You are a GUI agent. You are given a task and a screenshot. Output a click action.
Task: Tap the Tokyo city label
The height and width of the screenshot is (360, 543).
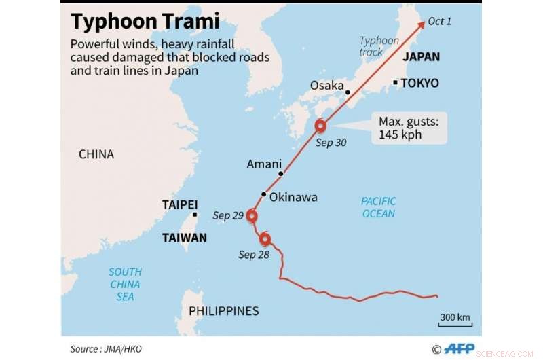[x=419, y=84]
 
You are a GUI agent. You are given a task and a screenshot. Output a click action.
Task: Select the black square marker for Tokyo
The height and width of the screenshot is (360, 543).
[x=395, y=83]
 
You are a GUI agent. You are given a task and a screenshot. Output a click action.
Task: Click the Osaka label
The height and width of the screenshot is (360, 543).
[x=327, y=86]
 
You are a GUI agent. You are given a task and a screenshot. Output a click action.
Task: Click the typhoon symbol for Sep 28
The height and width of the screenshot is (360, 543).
[x=265, y=239]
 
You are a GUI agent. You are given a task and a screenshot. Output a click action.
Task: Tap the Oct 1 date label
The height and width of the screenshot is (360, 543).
[x=440, y=22]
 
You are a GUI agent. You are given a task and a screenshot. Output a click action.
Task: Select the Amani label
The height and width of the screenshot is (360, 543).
[x=264, y=164]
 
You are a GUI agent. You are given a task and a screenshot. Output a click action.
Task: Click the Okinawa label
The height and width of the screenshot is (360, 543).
[x=293, y=197]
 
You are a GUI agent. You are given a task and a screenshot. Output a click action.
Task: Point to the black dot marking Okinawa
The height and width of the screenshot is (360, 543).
[x=264, y=194]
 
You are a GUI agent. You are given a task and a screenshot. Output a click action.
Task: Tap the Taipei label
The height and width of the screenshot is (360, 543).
[x=180, y=204]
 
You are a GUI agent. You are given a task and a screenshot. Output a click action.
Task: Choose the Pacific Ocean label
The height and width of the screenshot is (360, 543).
[x=378, y=207]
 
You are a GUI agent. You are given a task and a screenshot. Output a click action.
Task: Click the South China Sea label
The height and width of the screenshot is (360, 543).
[x=125, y=284]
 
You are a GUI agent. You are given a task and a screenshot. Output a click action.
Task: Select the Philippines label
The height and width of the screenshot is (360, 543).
[x=224, y=311]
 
